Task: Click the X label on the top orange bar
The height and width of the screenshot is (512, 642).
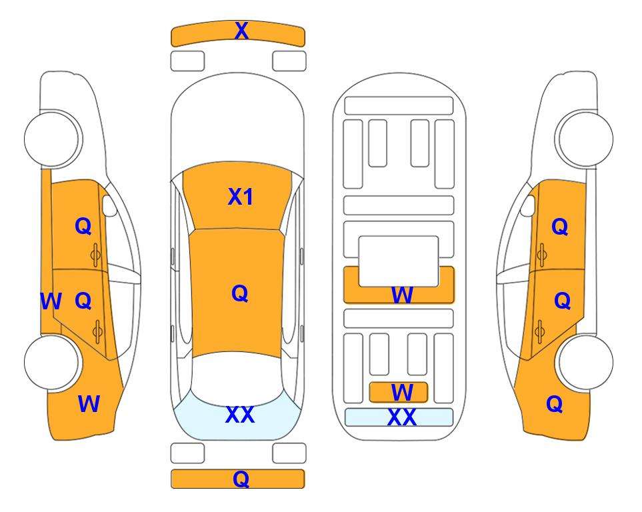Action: click(x=241, y=31)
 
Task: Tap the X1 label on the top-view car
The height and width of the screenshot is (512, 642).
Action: click(x=241, y=197)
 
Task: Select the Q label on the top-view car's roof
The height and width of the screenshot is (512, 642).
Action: click(x=240, y=294)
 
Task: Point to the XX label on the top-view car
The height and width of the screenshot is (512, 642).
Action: click(x=240, y=415)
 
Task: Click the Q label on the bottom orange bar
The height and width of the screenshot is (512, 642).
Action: click(x=241, y=479)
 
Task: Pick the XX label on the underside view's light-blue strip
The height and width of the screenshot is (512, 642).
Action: click(x=401, y=417)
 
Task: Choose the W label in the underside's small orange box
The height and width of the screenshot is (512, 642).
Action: click(x=401, y=393)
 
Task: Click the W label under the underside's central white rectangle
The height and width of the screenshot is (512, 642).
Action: click(x=402, y=295)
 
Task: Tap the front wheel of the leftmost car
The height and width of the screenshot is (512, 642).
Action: click(x=53, y=139)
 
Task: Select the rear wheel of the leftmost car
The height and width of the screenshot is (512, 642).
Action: click(x=53, y=362)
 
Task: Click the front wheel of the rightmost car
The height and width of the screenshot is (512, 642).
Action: click(x=584, y=139)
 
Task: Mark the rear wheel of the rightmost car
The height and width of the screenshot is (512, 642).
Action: click(x=585, y=362)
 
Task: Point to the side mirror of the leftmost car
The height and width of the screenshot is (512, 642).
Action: click(x=109, y=206)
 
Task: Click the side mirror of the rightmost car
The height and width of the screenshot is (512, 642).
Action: click(x=528, y=206)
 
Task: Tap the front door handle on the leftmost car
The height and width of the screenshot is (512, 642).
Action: click(x=96, y=255)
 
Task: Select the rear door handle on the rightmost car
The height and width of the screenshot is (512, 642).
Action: click(x=541, y=331)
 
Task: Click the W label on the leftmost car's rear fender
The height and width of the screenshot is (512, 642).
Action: click(x=89, y=404)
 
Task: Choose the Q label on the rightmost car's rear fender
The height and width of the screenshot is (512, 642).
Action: click(x=555, y=404)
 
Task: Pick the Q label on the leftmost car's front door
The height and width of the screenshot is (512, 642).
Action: click(x=83, y=226)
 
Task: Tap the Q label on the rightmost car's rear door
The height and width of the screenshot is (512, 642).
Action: click(x=563, y=301)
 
